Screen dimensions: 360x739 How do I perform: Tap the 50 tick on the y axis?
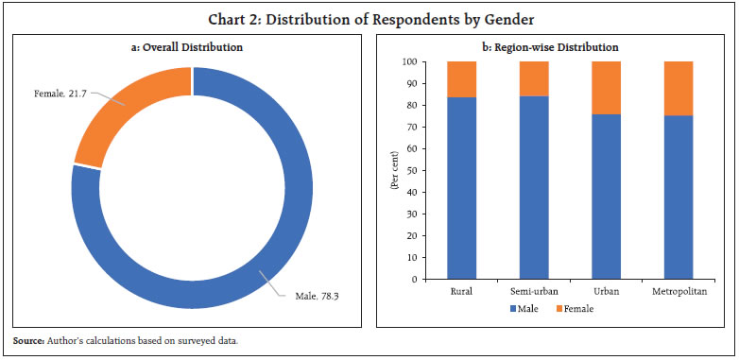click(x=406, y=171)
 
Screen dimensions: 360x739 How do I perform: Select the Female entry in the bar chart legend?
click(x=575, y=308)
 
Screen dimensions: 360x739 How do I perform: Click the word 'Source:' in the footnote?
click(x=28, y=340)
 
